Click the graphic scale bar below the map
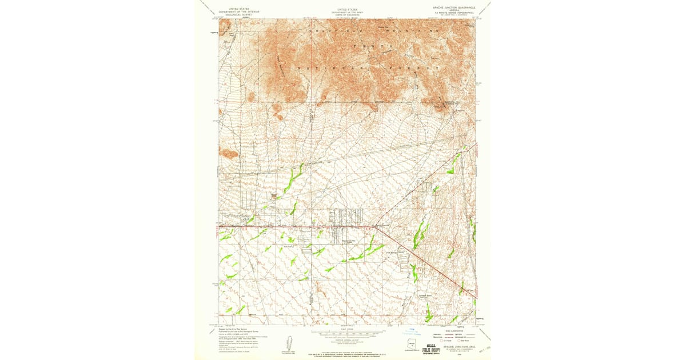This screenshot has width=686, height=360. tap(347, 331)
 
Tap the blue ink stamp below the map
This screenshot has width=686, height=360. tap(413, 331)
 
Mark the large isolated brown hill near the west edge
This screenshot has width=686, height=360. tap(229, 153)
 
